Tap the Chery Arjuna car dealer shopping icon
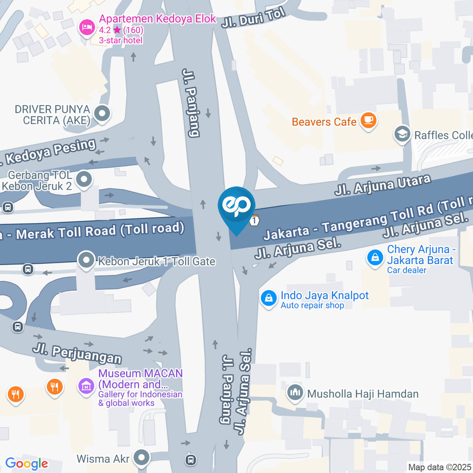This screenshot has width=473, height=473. tap(375, 257)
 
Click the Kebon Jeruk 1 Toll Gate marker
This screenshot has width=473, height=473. tap(87, 261)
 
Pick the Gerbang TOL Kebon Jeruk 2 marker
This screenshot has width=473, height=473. tap(84, 179)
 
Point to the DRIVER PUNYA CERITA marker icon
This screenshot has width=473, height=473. tap(102, 114)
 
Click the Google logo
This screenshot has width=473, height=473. tap(27, 464)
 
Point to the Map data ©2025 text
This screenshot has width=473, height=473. tap(439, 467)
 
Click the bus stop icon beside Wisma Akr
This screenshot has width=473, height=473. tap(191, 460)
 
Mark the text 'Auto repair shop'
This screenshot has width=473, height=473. tap(312, 305)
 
